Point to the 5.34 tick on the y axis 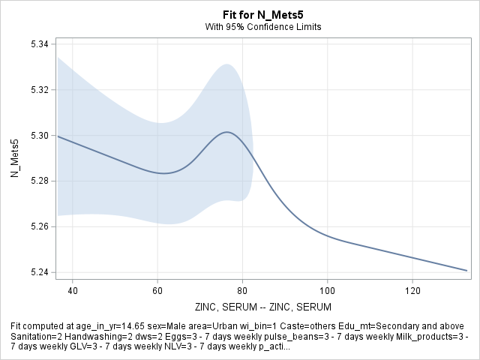click(x=39, y=45)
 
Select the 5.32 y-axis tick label click(x=39, y=90)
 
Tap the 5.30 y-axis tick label click(x=39, y=136)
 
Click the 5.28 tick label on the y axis click(x=39, y=181)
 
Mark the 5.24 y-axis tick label click(x=39, y=271)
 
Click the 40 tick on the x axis click(x=72, y=289)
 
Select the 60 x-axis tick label click(x=157, y=289)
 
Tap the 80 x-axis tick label click(x=242, y=289)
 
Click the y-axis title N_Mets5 click(x=13, y=158)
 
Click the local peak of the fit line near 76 click(x=226, y=132)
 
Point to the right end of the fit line click(x=467, y=270)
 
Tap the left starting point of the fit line click(x=58, y=136)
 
